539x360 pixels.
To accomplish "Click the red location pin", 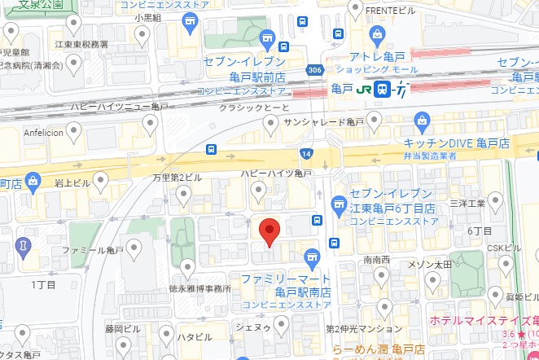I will [x=269, y=230].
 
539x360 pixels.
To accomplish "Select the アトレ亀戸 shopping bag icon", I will [x=377, y=34].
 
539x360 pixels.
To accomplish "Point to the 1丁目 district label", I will [x=42, y=284].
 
